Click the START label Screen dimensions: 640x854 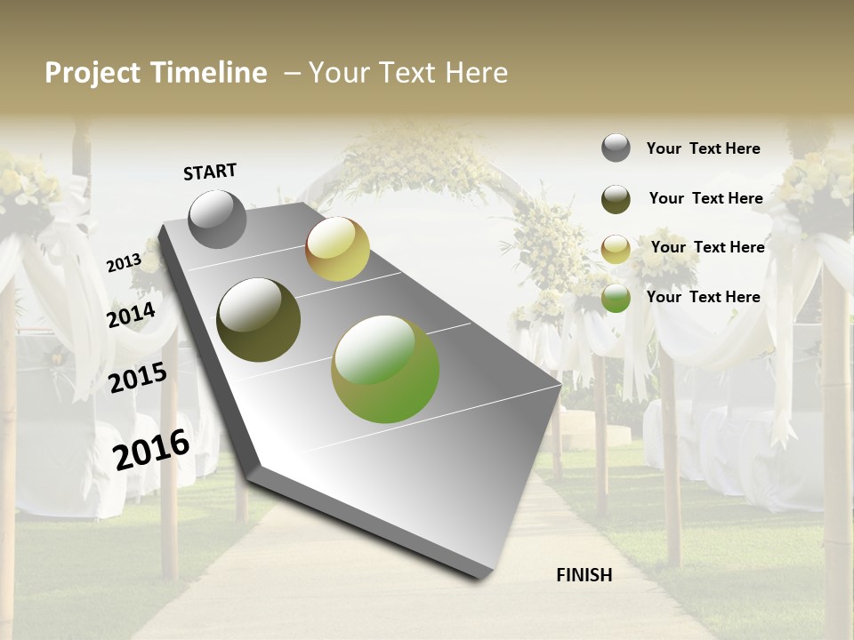[210, 172]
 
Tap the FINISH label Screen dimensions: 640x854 [584, 575]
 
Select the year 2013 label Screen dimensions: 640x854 [124, 263]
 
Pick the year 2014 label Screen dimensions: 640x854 [132, 315]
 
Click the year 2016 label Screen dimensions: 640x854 [151, 449]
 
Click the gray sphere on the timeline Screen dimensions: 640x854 [218, 219]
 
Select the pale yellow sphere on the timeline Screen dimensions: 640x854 [337, 249]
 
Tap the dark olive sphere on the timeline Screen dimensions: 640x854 [259, 320]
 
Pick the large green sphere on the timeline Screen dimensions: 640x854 [385, 369]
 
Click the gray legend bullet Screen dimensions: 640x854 [616, 148]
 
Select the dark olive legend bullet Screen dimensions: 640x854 [616, 199]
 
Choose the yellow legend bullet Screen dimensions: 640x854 [616, 249]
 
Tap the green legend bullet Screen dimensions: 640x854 [616, 298]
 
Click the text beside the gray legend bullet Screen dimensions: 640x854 [703, 148]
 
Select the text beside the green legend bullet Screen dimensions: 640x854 [703, 297]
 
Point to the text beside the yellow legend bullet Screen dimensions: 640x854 [707, 247]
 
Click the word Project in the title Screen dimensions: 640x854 [93, 73]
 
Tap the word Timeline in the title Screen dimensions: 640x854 [208, 73]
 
